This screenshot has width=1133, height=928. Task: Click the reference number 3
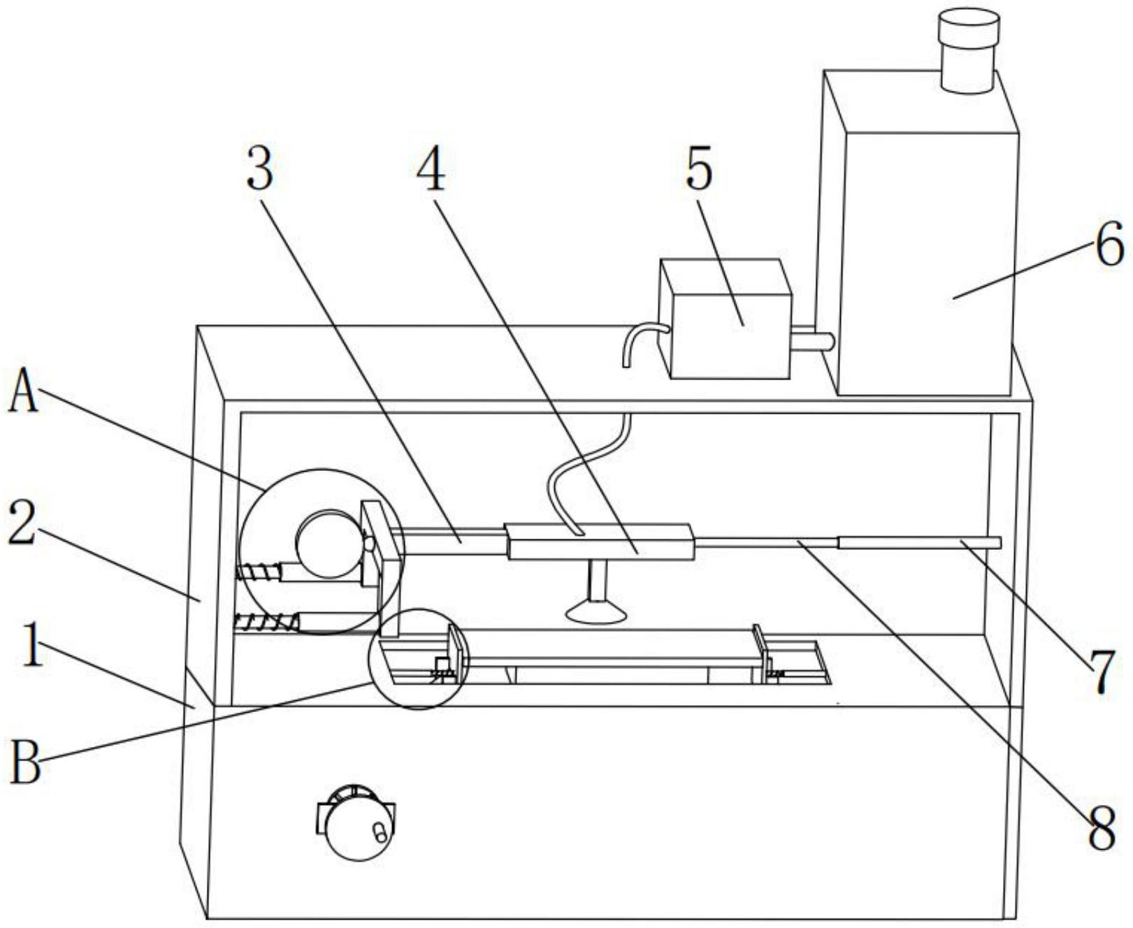259,170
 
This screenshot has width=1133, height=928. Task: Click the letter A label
22,392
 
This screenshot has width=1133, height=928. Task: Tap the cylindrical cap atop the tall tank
968,50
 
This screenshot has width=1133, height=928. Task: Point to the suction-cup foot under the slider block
596,611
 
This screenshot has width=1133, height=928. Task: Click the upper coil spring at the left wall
259,571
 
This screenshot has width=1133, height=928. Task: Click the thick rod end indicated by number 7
919,542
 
